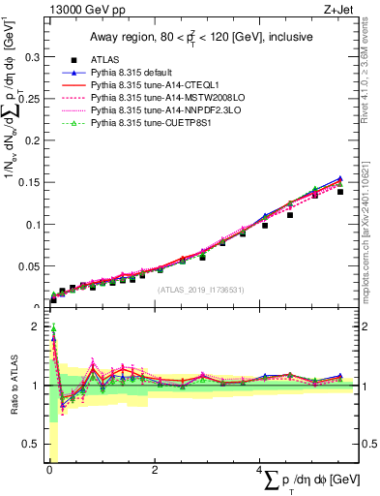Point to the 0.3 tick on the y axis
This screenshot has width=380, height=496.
(31, 57)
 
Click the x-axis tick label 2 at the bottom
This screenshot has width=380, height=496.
(155, 470)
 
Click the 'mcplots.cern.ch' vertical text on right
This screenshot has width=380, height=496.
(370, 247)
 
